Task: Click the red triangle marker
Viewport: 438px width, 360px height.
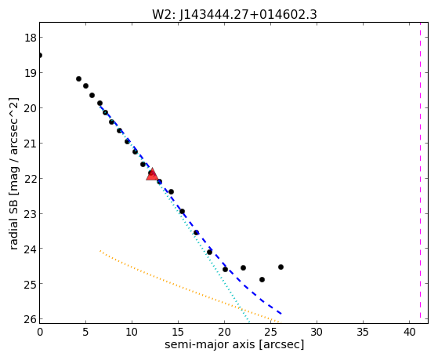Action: (152, 175)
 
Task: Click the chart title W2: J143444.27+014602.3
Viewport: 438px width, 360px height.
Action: (234, 15)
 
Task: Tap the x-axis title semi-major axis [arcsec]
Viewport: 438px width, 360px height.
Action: (234, 344)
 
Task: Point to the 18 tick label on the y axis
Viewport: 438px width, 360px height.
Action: (30, 38)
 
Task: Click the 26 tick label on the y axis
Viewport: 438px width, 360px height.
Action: (30, 319)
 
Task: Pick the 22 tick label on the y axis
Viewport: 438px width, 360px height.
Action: (30, 179)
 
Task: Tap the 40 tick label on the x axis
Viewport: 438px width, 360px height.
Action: (410, 333)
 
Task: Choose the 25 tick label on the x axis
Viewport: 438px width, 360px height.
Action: (270, 333)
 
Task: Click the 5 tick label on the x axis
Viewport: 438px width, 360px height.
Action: (85, 333)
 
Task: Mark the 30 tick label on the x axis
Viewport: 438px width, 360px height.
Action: (317, 333)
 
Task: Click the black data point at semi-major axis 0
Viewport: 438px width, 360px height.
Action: (40, 56)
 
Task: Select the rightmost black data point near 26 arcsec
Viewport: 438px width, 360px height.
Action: (281, 267)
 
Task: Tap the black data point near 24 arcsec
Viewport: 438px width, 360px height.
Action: (262, 279)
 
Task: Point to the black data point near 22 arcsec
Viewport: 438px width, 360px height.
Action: (244, 267)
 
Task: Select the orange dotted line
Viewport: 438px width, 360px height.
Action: (189, 286)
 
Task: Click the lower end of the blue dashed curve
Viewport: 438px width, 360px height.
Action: (281, 314)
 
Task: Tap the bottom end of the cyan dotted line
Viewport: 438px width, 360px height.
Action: (248, 322)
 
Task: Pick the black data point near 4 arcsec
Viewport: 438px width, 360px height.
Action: (79, 79)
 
